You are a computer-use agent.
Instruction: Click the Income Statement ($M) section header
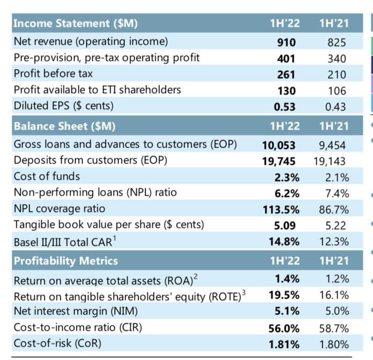[x=75, y=24]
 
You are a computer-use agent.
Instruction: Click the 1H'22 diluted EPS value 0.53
[x=285, y=106]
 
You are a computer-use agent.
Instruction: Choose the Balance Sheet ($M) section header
[x=64, y=127]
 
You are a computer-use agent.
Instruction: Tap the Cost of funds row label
[x=47, y=176]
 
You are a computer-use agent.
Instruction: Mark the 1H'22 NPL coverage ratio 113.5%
[x=283, y=208]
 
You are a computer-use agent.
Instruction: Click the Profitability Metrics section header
[x=65, y=261]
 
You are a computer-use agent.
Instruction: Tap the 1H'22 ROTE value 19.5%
[x=285, y=295]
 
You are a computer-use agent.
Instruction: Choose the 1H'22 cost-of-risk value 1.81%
[x=284, y=343]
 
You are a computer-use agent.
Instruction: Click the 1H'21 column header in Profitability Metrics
[x=334, y=261]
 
